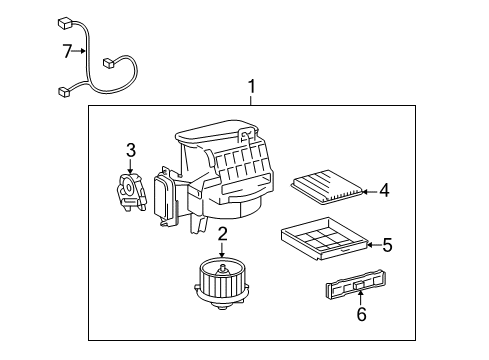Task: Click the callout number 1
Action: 252,86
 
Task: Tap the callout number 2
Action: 223,234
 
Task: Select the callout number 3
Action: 131,150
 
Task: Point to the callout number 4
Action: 384,191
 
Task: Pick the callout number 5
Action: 387,245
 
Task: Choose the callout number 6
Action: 362,314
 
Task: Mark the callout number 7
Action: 67,51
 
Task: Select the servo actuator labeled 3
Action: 131,193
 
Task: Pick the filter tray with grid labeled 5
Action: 325,239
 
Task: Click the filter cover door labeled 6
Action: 356,284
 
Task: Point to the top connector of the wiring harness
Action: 66,24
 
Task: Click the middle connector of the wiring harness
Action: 109,63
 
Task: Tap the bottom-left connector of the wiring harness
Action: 64,91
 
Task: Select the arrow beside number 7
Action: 79,51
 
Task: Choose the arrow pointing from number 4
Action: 371,192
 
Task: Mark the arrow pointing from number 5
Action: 375,245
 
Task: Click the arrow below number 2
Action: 222,249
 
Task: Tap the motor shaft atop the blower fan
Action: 222,269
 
